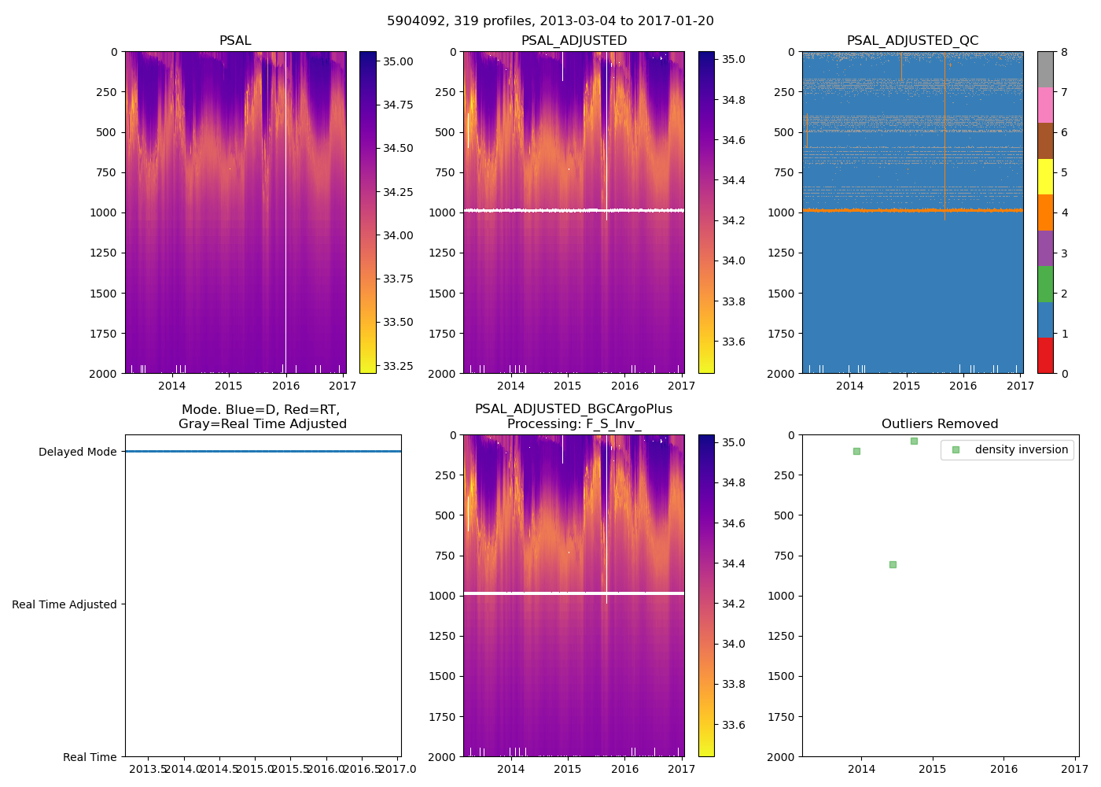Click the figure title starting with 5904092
click(x=550, y=21)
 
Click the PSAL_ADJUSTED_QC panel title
click(x=912, y=41)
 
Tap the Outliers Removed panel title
click(x=940, y=424)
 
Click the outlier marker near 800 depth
click(x=893, y=564)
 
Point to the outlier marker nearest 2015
click(x=914, y=441)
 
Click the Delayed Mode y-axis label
click(x=77, y=452)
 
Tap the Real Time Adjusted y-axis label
click(x=64, y=604)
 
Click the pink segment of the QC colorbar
click(x=1045, y=105)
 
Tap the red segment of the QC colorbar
click(x=1045, y=355)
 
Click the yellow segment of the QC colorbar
click(x=1045, y=176)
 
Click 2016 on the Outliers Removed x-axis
click(x=1004, y=769)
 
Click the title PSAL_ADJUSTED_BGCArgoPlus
click(x=573, y=409)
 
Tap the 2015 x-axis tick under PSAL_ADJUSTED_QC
click(x=906, y=386)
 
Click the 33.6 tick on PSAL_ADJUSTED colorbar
click(x=734, y=342)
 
